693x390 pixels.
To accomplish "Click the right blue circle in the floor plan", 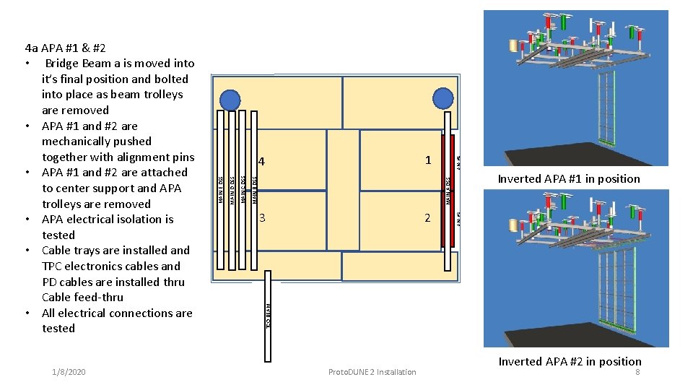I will (443, 99).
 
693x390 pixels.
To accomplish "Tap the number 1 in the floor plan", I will (428, 160).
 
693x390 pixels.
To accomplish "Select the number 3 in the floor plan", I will (263, 217).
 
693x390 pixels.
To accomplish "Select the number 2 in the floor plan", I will (427, 217).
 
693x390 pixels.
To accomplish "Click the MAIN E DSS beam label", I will (221, 190).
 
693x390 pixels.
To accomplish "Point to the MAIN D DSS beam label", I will (232, 190).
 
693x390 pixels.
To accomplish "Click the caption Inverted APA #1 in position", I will (569, 179).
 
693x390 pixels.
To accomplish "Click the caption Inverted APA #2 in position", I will (570, 361).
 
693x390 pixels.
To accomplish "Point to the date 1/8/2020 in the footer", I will (69, 372).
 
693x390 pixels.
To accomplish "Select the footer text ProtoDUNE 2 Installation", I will (372, 372).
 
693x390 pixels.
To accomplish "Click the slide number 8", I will (637, 372).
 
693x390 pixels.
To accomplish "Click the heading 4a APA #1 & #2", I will (65, 48).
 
